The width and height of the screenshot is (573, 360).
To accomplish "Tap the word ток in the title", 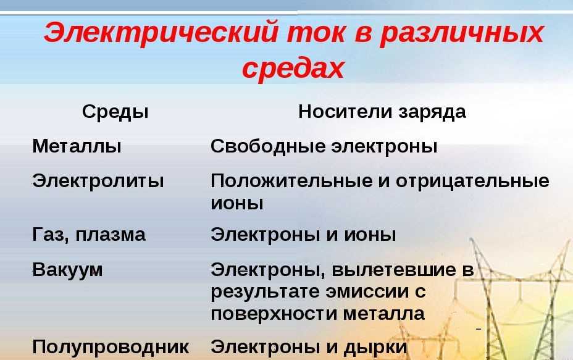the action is tap(317, 33).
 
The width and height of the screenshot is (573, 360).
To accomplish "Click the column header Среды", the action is tap(115, 112).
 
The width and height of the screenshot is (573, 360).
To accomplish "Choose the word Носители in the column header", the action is tap(346, 111).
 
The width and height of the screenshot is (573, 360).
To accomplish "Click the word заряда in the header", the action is tap(432, 112).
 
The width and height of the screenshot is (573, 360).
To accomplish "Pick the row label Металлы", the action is tap(77, 146).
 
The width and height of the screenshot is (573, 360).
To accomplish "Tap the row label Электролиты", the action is tap(98, 181).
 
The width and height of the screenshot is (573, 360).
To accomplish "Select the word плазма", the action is tap(111, 235).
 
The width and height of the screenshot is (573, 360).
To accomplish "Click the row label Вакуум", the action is tap(67, 270).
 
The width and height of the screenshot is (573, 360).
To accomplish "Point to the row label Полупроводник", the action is tap(111, 347).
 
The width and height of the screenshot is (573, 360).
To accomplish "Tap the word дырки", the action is tap(375, 347).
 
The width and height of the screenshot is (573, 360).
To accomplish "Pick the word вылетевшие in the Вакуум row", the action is tap(394, 270).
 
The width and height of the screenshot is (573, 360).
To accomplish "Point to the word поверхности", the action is tap(274, 314).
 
